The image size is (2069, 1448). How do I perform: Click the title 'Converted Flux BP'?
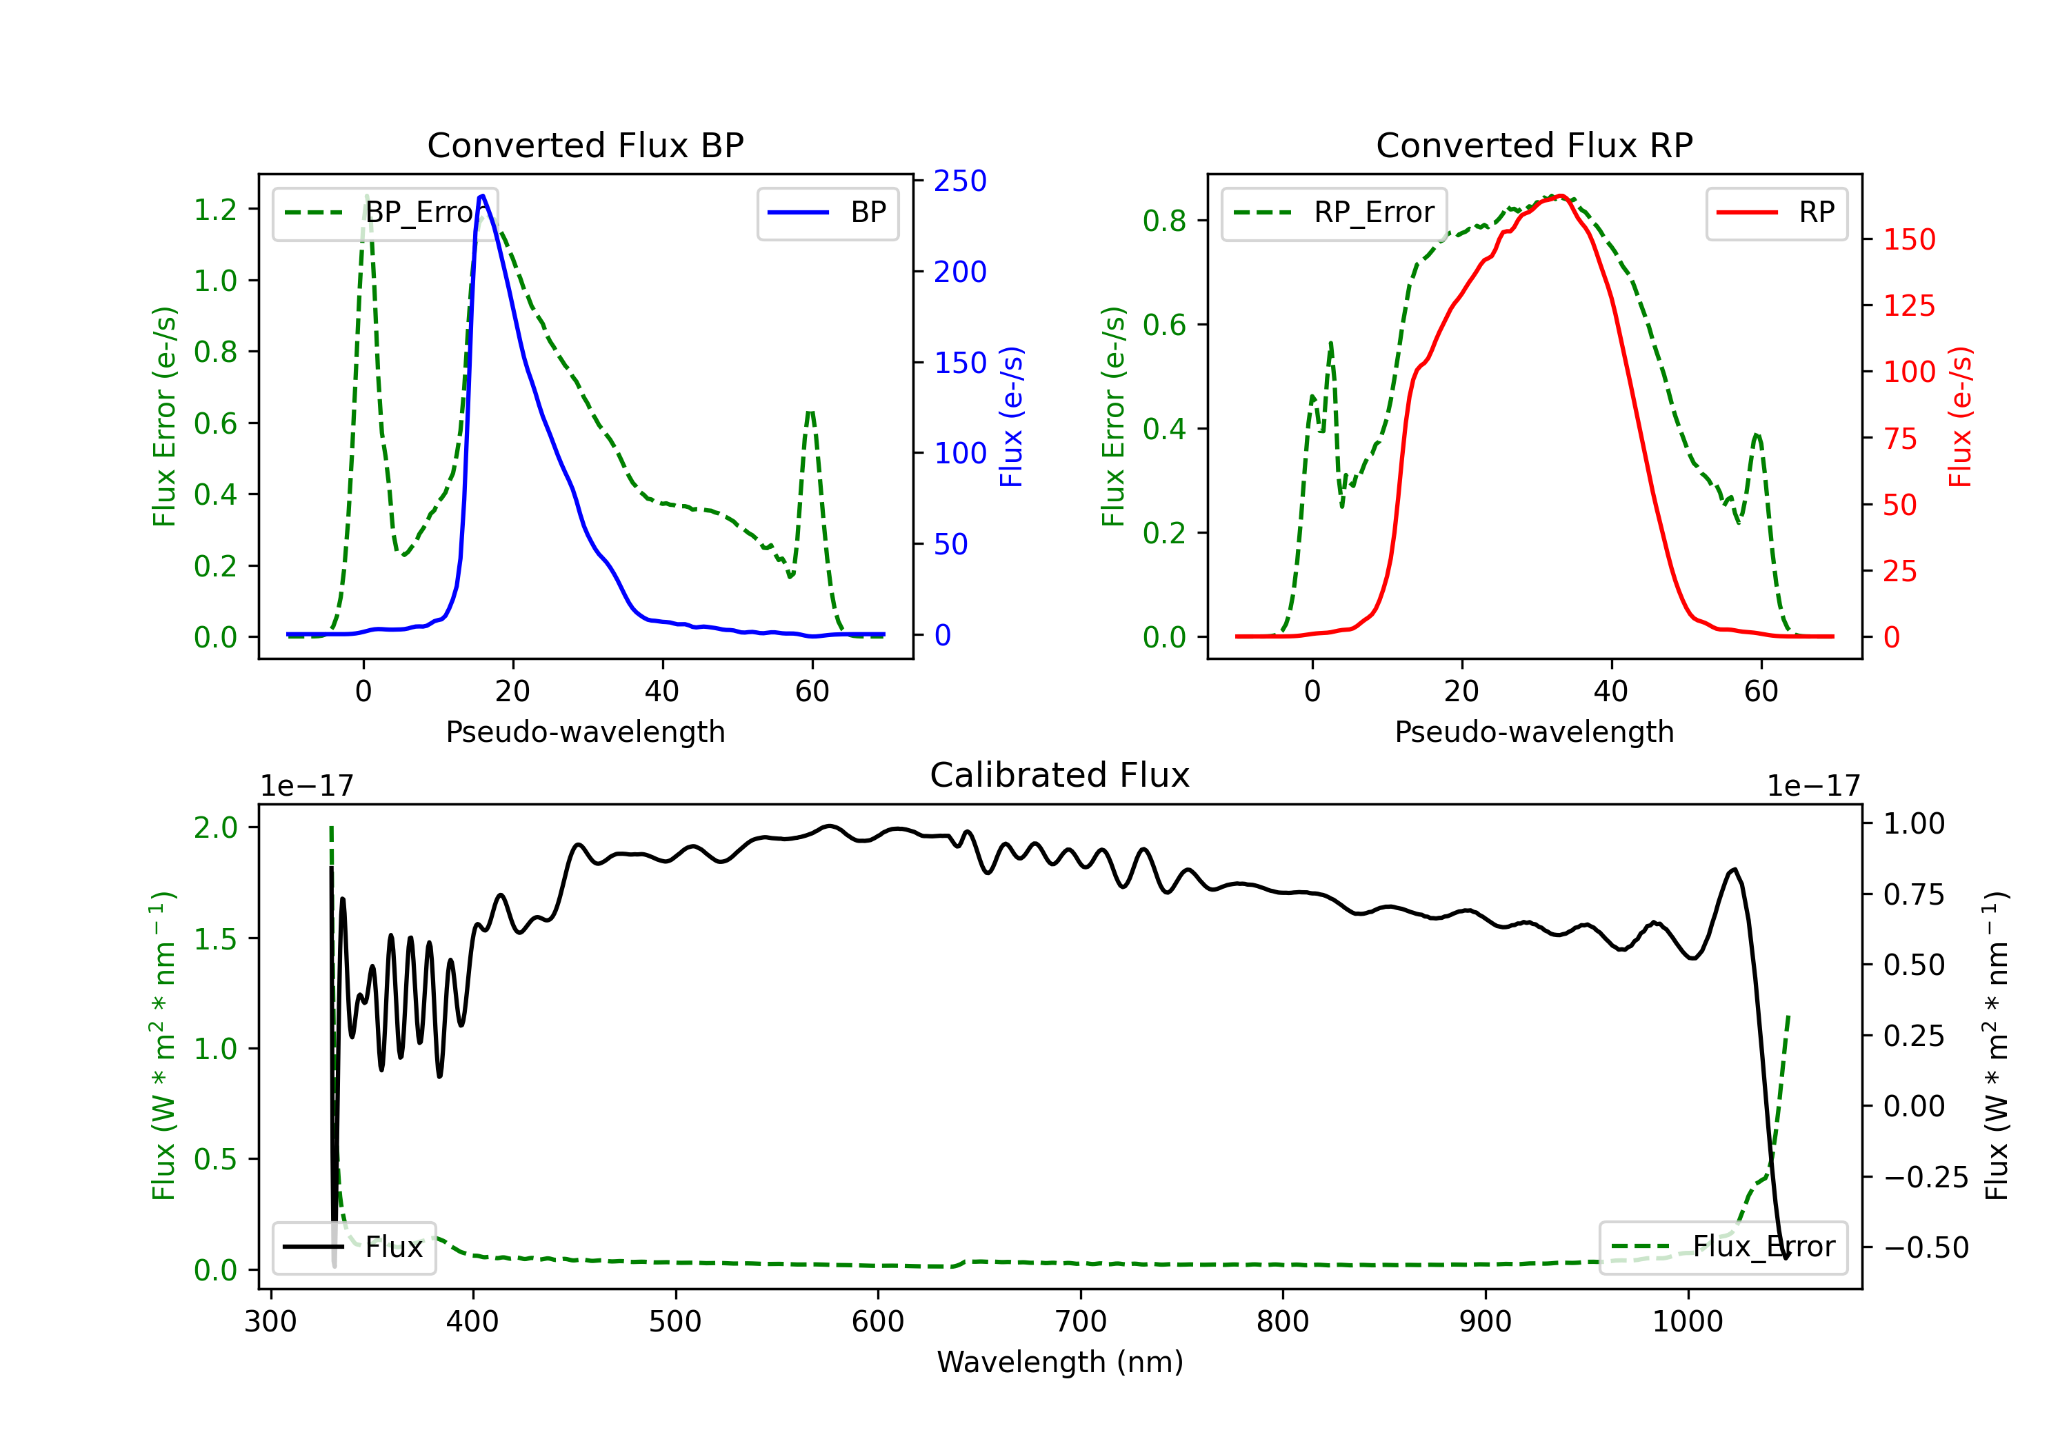(585, 145)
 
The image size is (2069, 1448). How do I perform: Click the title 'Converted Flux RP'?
(1534, 145)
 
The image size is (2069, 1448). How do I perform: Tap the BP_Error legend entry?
(386, 212)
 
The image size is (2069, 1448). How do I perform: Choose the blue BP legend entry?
(827, 212)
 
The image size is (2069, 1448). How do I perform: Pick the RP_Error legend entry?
(1334, 212)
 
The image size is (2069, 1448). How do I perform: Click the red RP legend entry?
(1776, 212)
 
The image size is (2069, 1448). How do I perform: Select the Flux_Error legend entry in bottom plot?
(1723, 1247)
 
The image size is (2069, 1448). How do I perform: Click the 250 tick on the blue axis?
(960, 181)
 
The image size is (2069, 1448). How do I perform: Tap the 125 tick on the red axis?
(1908, 305)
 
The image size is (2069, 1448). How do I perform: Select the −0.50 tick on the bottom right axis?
(1926, 1248)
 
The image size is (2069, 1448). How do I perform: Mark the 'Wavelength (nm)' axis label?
(1060, 1362)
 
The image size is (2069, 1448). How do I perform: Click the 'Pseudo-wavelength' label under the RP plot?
(1534, 732)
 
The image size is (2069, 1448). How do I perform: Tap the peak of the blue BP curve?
(482, 196)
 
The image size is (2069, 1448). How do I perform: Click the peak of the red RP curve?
(1561, 196)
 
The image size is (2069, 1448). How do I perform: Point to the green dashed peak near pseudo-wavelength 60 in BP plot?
(811, 411)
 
